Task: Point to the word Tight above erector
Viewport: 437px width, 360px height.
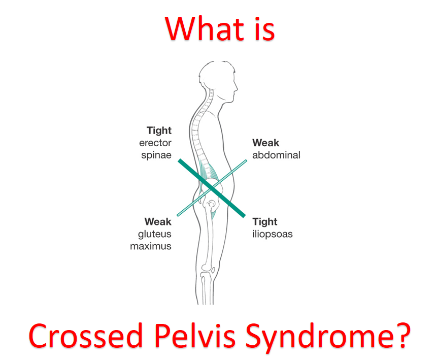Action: [x=159, y=131]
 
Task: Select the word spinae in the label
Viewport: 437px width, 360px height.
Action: [x=156, y=155]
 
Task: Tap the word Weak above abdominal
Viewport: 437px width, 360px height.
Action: [x=266, y=143]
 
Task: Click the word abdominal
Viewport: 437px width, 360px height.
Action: [x=277, y=155]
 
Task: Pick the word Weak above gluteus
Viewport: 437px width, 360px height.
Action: [x=158, y=222]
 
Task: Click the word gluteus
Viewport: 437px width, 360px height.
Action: [x=155, y=234]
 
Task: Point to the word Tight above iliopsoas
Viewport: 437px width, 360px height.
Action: [x=265, y=222]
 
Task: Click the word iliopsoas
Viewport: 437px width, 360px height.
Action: [x=273, y=234]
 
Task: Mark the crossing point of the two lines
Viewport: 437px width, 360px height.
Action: [x=212, y=188]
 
